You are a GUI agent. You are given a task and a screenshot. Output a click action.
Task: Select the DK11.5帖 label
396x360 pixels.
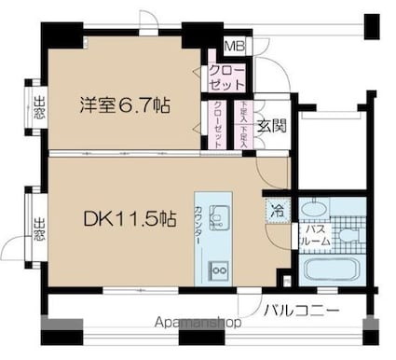pos(130,220)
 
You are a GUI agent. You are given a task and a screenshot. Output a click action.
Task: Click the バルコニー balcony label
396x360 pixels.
pos(299,312)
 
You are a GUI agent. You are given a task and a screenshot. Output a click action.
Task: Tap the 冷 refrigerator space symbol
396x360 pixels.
pos(277,211)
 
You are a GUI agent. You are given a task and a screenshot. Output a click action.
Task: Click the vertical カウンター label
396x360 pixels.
pos(200,225)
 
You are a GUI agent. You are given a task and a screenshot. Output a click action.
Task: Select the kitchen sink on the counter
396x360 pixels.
pos(219,219)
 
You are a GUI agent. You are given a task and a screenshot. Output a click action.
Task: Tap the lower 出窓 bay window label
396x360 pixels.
pos(39,227)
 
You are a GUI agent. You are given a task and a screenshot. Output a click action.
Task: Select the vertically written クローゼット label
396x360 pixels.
pos(217,124)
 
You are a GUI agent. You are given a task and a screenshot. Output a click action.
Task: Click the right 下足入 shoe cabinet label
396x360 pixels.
pos(247,124)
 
